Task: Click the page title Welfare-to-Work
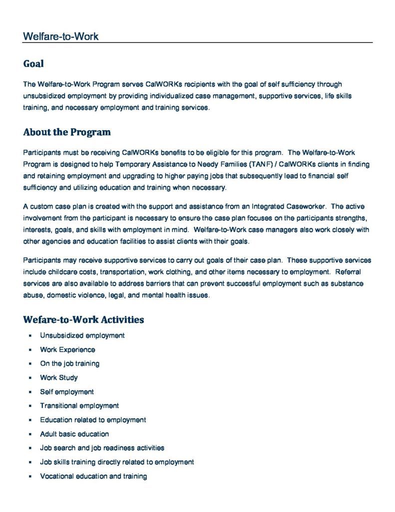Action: pos(60,36)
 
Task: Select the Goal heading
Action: pos(33,64)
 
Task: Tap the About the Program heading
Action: pos(67,132)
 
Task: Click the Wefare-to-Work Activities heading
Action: pos(83,319)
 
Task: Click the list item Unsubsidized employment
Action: pos(82,335)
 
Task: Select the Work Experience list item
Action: pos(67,349)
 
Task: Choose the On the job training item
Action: pos(70,363)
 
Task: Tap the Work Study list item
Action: pos(59,377)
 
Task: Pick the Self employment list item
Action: pos(67,391)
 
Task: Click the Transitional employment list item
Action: pos(79,405)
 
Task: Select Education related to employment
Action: pos(93,419)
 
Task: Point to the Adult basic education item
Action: pos(74,434)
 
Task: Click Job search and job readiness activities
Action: pos(102,448)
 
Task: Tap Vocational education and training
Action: pos(93,476)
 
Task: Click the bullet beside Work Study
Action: pos(30,378)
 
